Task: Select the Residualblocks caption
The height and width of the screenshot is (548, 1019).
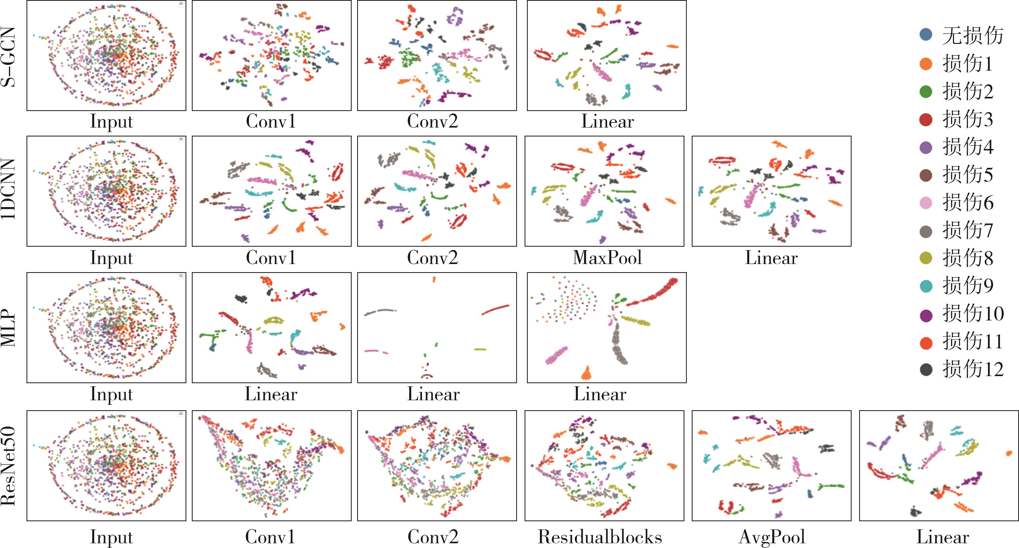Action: click(600, 537)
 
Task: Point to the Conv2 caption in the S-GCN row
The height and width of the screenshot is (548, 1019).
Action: click(432, 121)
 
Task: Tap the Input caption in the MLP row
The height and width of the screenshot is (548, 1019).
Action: click(111, 394)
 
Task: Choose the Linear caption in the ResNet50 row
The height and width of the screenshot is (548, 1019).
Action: click(943, 537)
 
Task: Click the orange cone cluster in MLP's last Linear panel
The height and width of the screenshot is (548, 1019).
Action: click(586, 373)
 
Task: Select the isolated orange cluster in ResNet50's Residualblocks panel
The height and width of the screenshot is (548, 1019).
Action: click(672, 466)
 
